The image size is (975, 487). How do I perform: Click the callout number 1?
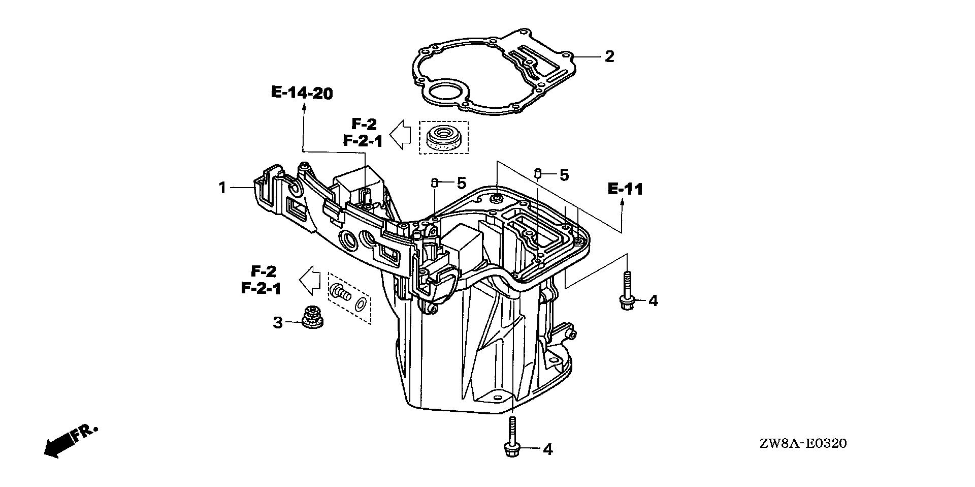coord(222,188)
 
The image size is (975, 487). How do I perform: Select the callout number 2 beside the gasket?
coord(609,56)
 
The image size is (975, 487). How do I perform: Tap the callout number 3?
coord(278,322)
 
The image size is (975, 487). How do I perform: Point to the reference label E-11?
coord(625,190)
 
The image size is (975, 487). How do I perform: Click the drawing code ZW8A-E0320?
coord(803,444)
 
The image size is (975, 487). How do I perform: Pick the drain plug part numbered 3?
coord(308,319)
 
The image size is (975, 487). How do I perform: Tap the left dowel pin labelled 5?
coord(434,182)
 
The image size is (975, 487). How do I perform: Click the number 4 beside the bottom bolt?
coord(547,449)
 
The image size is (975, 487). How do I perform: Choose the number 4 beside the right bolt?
coord(653,301)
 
